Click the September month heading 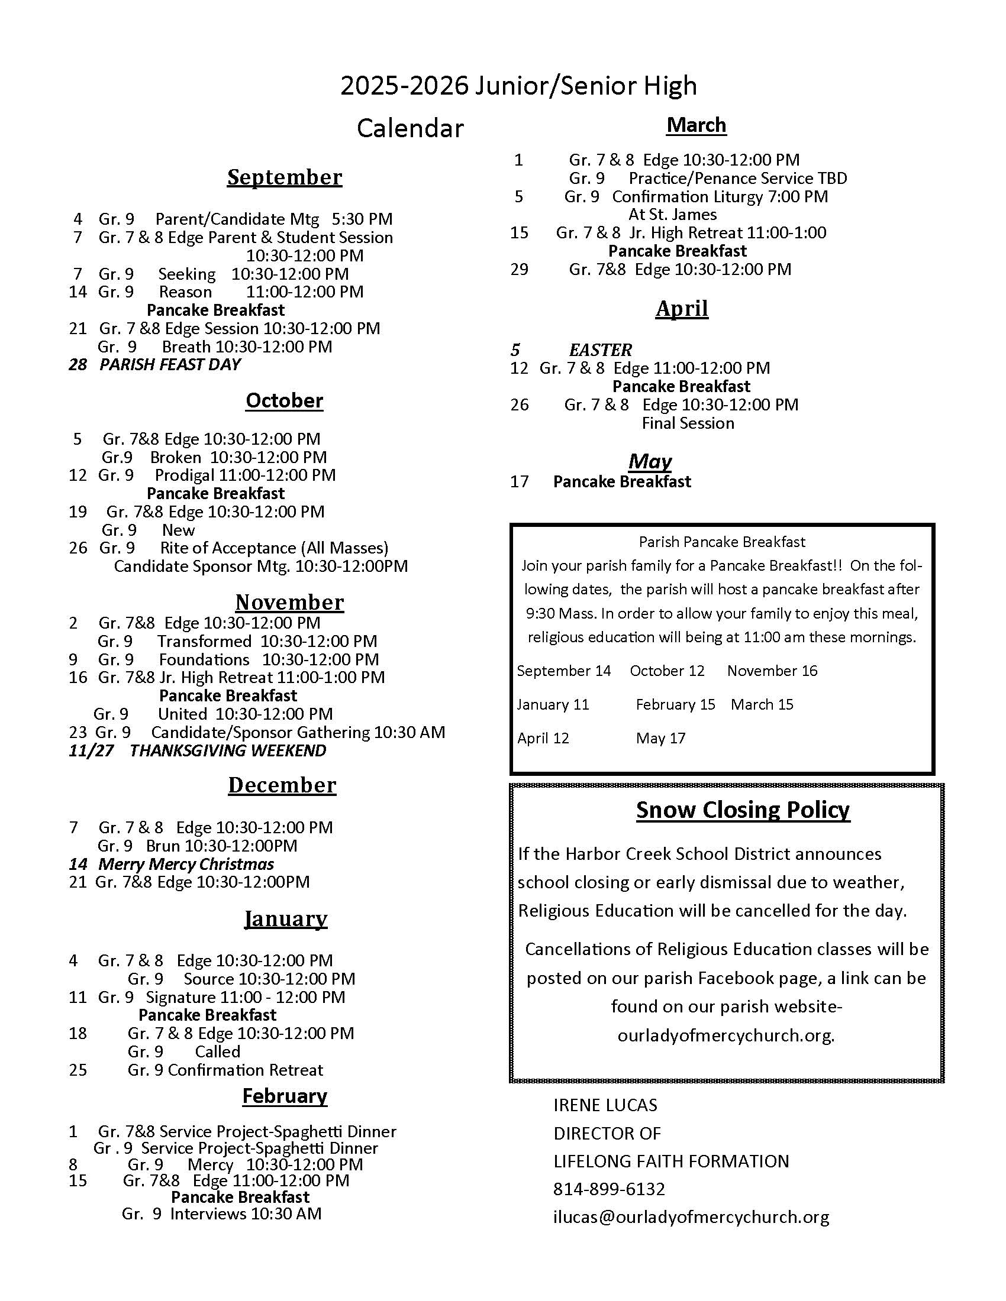point(284,177)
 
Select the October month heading point(284,400)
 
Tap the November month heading point(289,602)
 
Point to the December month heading point(282,785)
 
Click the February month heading point(284,1096)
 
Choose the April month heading point(682,309)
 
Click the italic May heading point(650,461)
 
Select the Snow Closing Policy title point(743,810)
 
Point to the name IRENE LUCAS point(605,1105)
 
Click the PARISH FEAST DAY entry point(170,364)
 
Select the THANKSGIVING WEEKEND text point(228,750)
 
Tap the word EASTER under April point(600,349)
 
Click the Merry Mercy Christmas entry point(186,864)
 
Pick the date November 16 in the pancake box point(772,671)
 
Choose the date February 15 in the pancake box point(675,705)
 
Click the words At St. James point(672,215)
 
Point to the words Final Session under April point(688,423)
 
